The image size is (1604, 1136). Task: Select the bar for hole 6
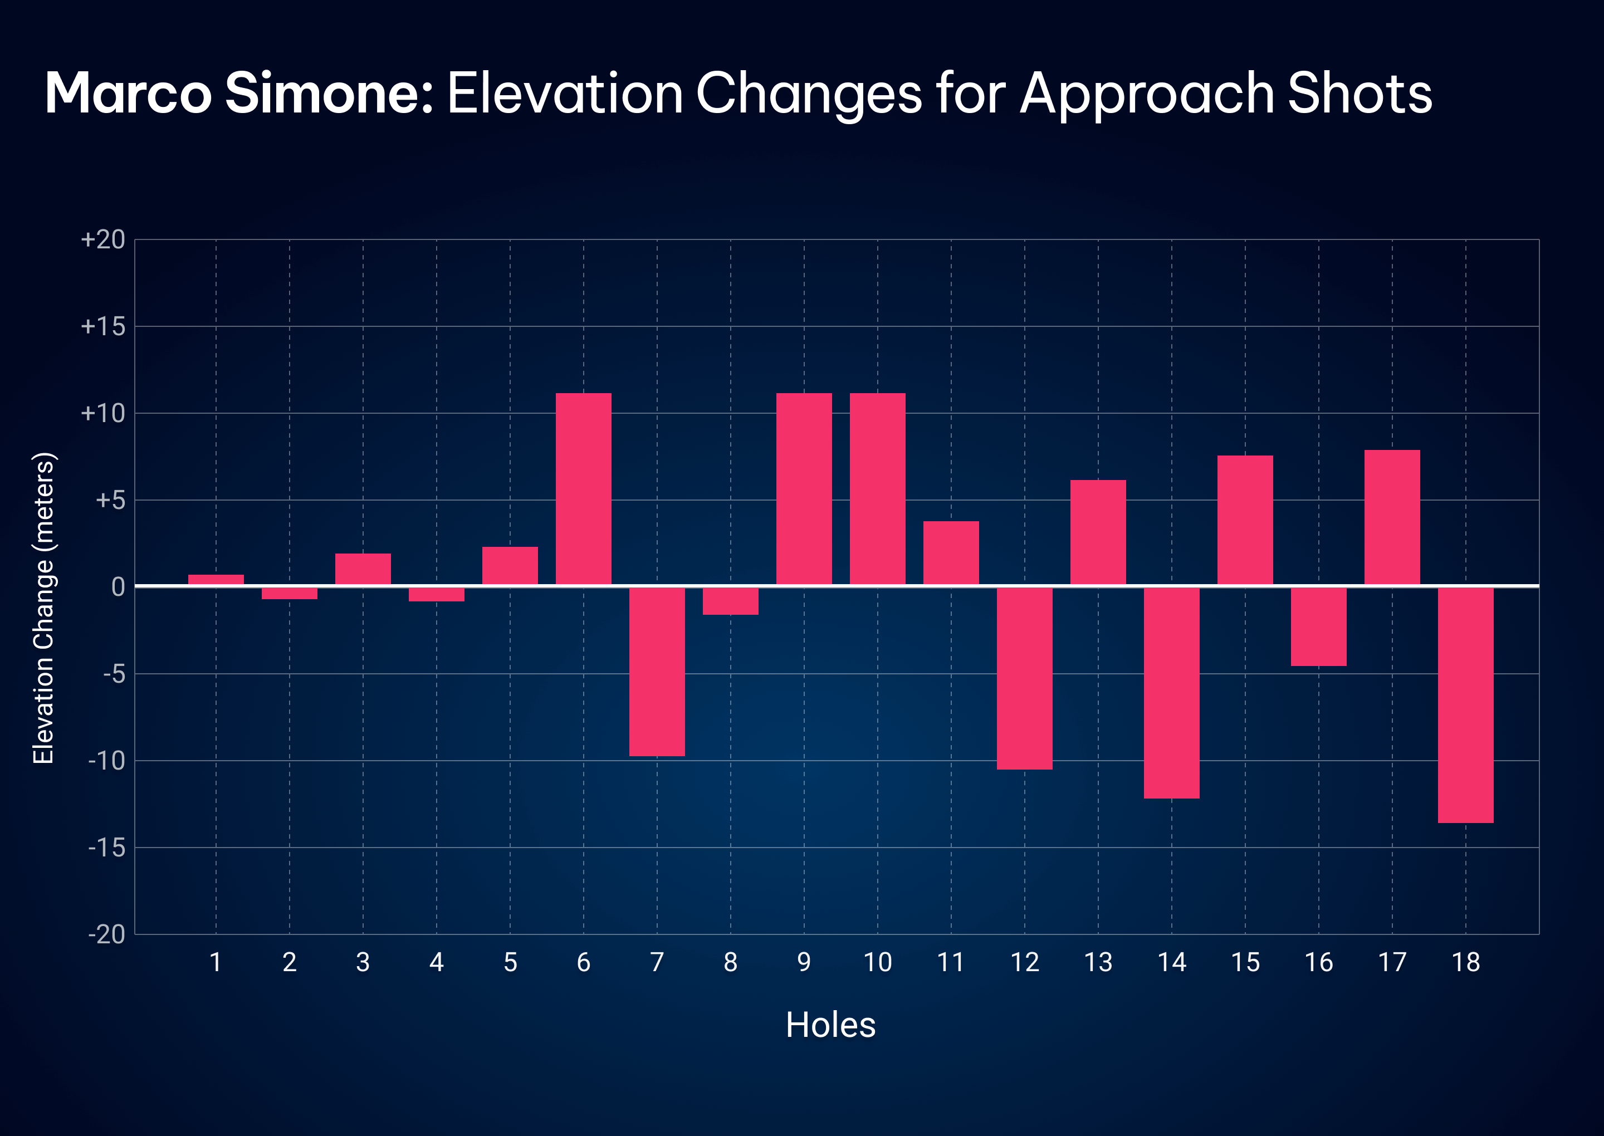(584, 489)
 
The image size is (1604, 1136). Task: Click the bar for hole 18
(1465, 705)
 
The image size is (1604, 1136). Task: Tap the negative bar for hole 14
(1172, 693)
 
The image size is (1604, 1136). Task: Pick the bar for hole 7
(657, 672)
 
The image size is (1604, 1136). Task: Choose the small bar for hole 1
(216, 579)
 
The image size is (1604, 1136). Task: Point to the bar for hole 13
(1098, 532)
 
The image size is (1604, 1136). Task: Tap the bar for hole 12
(1025, 678)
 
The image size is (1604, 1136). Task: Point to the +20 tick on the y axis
(104, 240)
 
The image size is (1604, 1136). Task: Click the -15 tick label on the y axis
(107, 848)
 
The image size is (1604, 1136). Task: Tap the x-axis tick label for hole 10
(878, 962)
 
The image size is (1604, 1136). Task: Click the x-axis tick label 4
(437, 962)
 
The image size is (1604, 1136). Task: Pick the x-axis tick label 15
(1245, 962)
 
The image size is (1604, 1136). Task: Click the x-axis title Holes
(830, 1026)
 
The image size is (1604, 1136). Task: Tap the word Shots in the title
(1359, 94)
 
